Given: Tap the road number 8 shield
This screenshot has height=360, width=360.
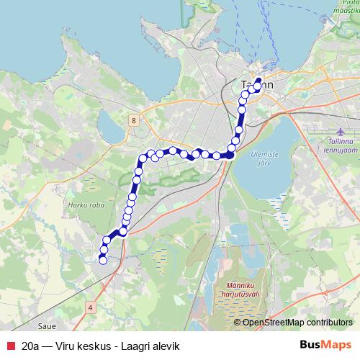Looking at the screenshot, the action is (x=134, y=120).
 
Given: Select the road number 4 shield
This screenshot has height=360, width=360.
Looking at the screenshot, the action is (x=90, y=307).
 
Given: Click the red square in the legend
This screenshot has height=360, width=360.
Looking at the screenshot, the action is (x=10, y=346).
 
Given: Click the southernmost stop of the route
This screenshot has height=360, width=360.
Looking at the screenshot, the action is (x=102, y=260).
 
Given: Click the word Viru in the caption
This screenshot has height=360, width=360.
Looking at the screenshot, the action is (x=69, y=346).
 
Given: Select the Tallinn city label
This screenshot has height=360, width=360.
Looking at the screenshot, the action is (x=256, y=84).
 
